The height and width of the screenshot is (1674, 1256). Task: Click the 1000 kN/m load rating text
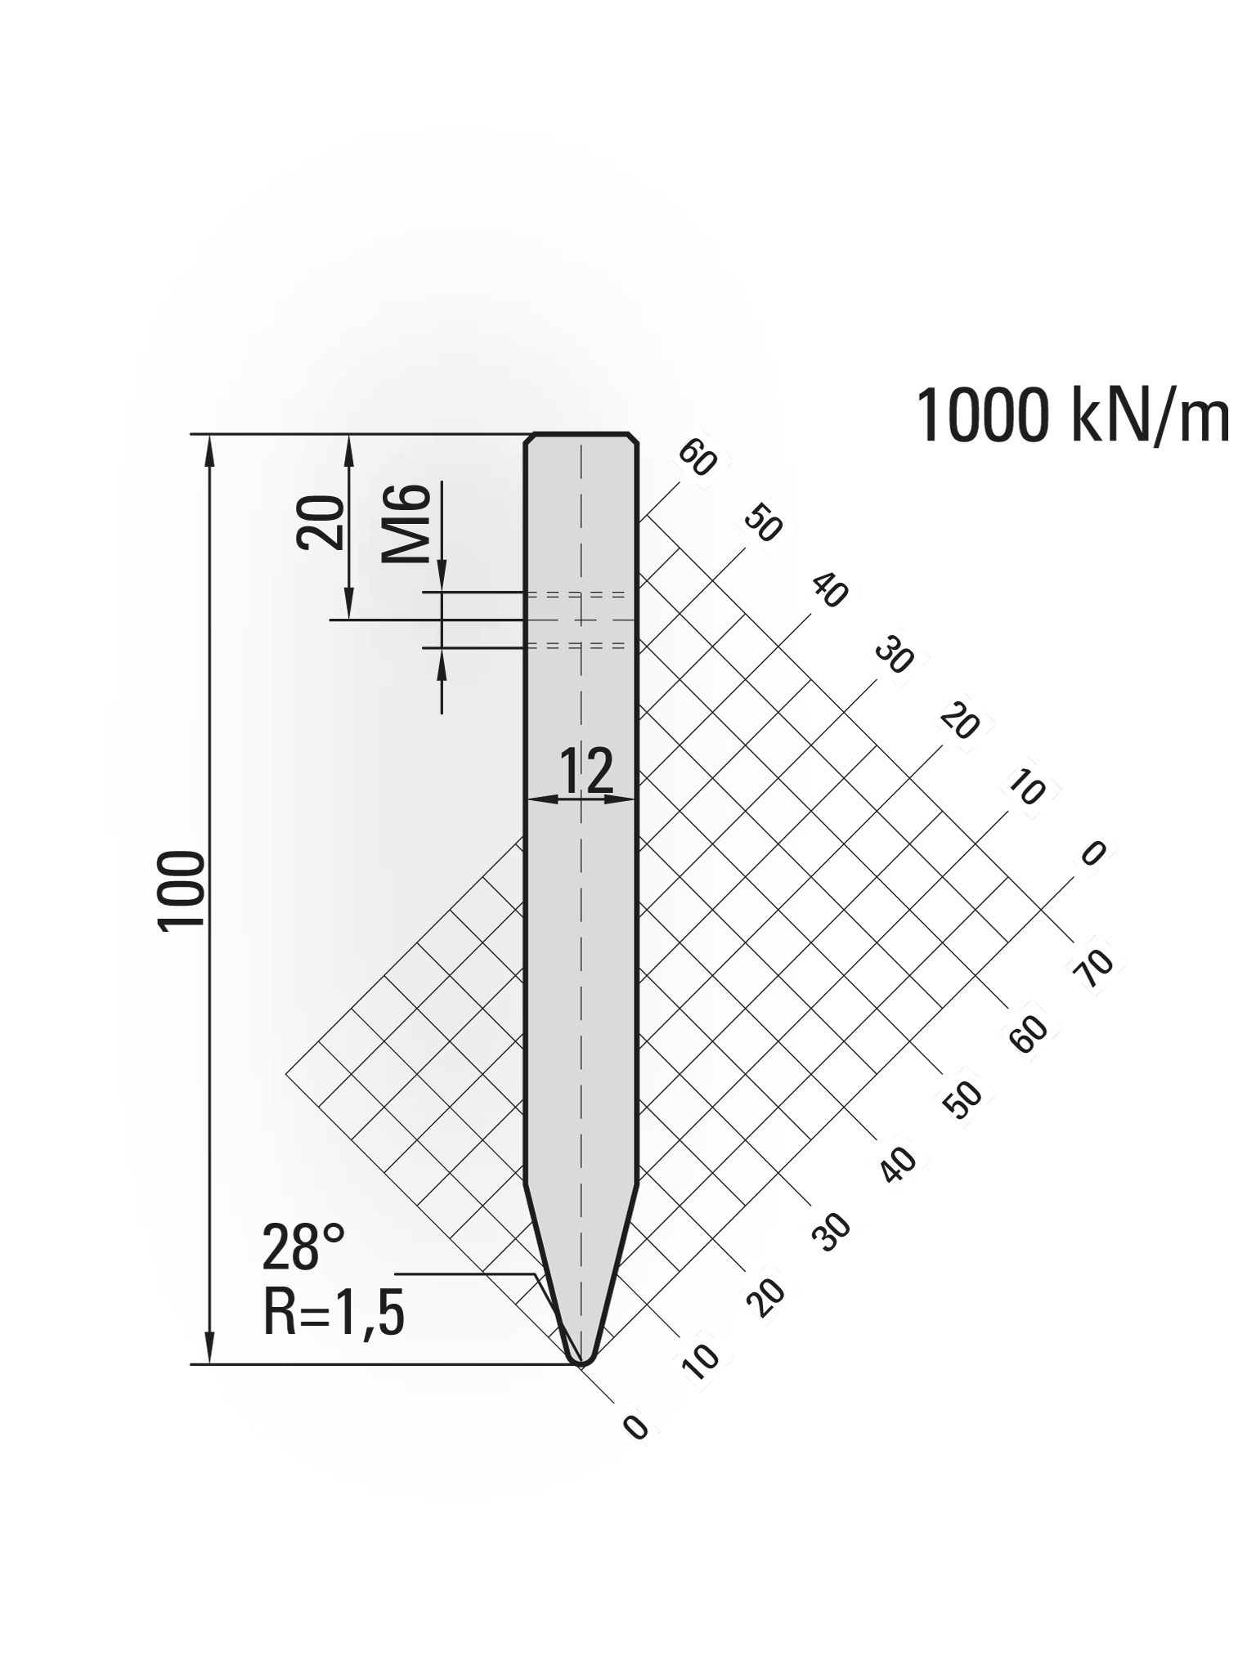point(1072,416)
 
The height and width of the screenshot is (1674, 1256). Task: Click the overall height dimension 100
point(182,889)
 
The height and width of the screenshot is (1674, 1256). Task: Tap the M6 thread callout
point(406,523)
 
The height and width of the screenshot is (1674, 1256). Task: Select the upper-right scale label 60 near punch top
point(698,459)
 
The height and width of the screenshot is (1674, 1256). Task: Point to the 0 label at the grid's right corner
point(1093,854)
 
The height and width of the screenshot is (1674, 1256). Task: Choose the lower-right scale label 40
point(899,1164)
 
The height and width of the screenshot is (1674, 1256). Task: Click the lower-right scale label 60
point(1029,1033)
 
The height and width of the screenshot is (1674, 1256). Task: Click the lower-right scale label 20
point(767,1296)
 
